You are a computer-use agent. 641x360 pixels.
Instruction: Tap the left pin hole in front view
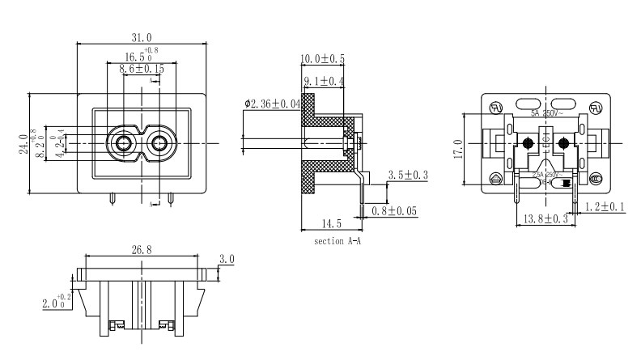124,143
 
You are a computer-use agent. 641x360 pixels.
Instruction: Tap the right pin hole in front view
159,143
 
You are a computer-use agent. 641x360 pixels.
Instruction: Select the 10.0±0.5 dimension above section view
322,59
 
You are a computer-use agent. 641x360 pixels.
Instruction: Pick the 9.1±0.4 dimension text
325,82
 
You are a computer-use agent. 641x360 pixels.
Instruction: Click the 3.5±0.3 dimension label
408,175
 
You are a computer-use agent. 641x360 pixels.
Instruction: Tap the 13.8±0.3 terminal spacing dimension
542,219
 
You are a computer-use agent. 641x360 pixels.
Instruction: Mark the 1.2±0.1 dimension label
603,208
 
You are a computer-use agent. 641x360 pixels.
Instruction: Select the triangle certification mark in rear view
496,178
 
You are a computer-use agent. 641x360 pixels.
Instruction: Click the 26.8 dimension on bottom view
141,250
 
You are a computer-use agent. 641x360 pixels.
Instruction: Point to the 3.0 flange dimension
227,259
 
